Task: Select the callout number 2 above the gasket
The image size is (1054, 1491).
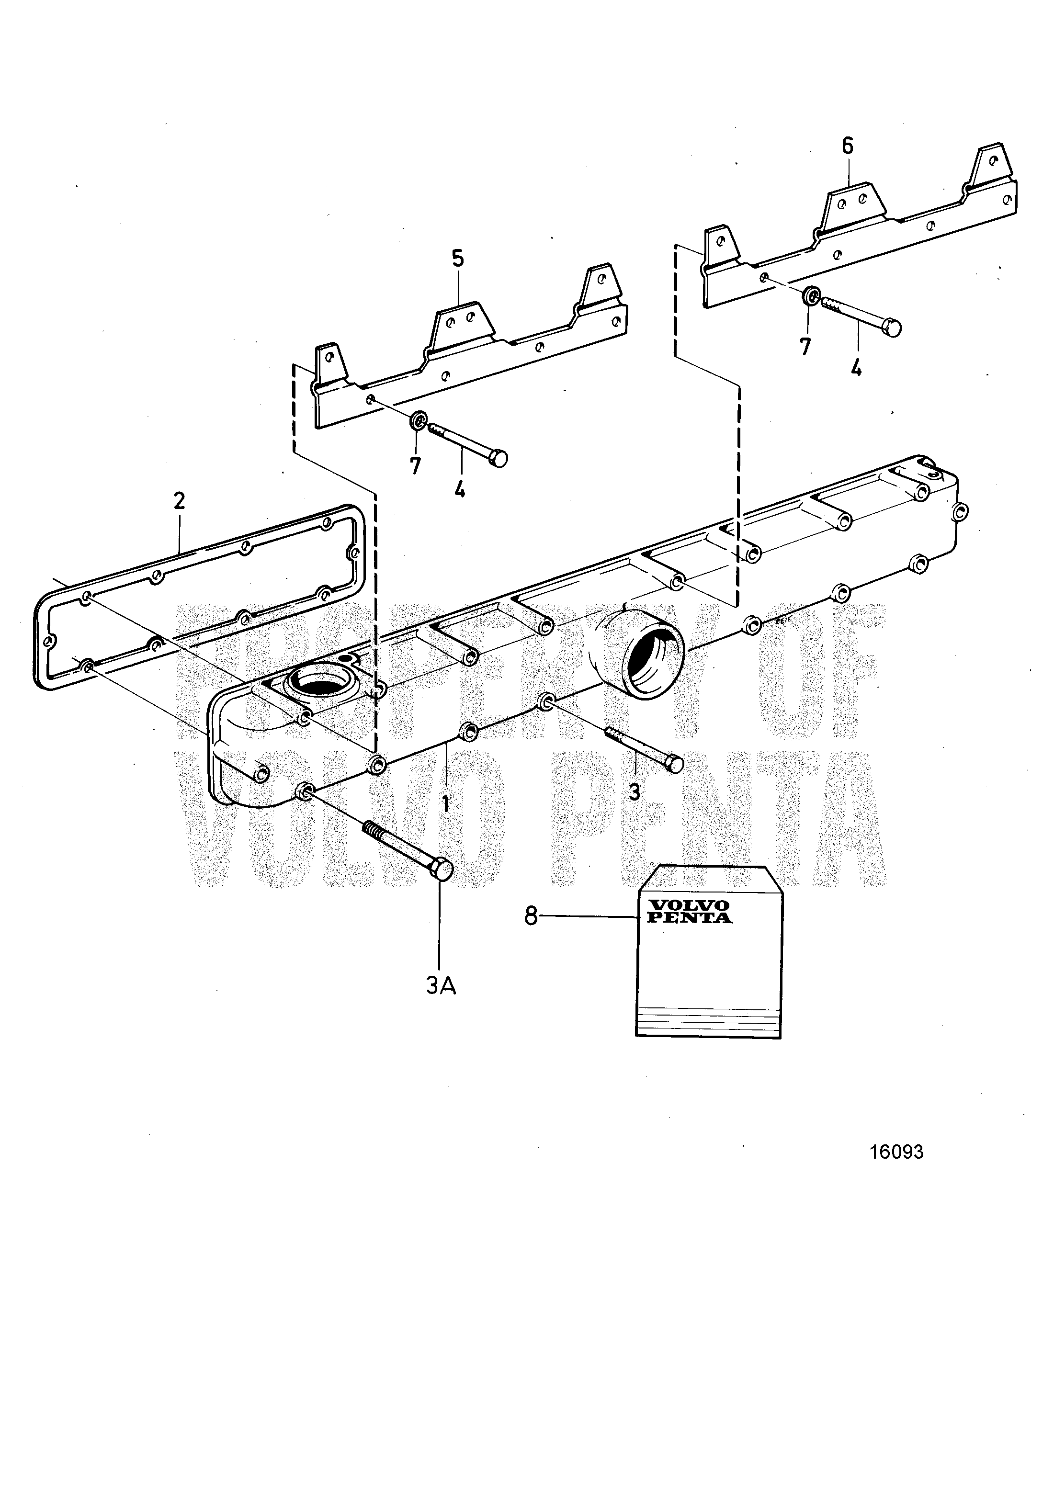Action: click(x=179, y=500)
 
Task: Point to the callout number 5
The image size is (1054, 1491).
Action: click(x=458, y=259)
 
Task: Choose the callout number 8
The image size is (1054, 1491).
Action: click(x=531, y=916)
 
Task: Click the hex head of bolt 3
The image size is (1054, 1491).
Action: click(x=674, y=764)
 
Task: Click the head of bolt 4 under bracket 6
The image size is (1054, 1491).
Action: click(x=893, y=328)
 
